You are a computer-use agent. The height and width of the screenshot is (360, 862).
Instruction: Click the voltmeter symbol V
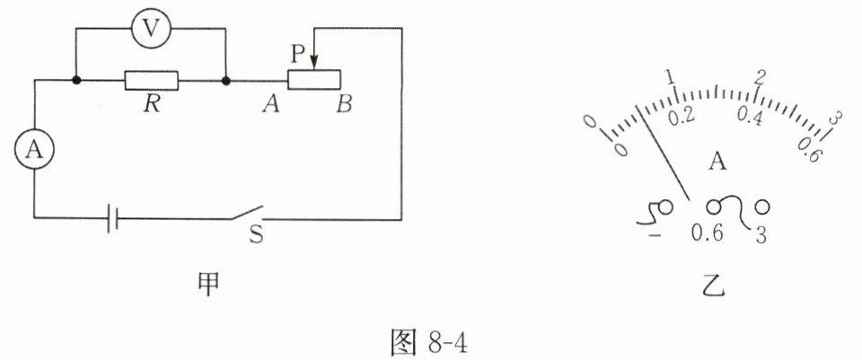pyautogui.click(x=154, y=29)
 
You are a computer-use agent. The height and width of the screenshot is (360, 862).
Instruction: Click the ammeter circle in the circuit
pyautogui.click(x=34, y=151)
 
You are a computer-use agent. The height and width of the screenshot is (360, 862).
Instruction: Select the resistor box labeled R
pyautogui.click(x=152, y=81)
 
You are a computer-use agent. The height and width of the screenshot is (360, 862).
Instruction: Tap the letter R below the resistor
pyautogui.click(x=153, y=105)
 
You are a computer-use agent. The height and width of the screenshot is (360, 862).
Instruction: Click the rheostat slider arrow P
pyautogui.click(x=312, y=60)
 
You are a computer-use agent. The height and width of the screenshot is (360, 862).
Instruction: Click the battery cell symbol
pyautogui.click(x=111, y=217)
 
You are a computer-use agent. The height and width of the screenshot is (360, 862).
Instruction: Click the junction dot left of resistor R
pyautogui.click(x=76, y=81)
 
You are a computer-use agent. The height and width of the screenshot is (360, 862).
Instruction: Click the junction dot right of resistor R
pyautogui.click(x=225, y=81)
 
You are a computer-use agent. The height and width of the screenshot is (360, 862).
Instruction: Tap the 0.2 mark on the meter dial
pyautogui.click(x=682, y=116)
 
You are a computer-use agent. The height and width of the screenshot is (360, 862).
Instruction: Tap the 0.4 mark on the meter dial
pyautogui.click(x=750, y=116)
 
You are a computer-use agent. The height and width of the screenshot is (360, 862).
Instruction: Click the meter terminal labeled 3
pyautogui.click(x=762, y=207)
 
